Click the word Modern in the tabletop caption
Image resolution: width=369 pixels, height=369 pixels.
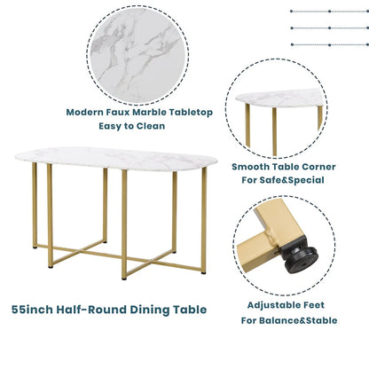click(87, 113)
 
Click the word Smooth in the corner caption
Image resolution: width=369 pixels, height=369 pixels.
click(253, 166)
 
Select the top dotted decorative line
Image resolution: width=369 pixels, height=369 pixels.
click(327, 12)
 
